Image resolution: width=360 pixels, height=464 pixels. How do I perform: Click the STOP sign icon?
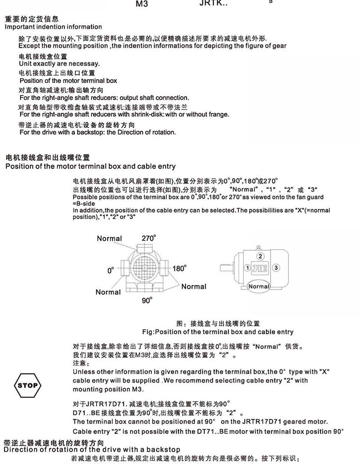(27, 385)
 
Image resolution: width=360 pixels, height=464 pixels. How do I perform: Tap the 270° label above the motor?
(149, 238)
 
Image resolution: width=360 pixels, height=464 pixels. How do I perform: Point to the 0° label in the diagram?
(110, 270)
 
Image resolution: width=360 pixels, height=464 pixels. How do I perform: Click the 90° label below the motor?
(146, 300)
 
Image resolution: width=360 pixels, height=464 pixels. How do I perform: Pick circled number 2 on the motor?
(260, 256)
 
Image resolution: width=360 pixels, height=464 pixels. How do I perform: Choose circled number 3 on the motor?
(276, 267)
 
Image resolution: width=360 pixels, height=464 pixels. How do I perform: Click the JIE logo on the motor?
(261, 268)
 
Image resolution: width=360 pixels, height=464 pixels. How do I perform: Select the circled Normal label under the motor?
(259, 286)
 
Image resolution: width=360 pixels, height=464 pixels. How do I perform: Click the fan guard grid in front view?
(145, 269)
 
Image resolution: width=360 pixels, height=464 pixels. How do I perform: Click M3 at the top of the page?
(143, 5)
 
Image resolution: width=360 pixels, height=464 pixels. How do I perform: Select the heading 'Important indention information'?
(53, 27)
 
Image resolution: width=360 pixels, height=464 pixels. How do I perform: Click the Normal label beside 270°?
(109, 239)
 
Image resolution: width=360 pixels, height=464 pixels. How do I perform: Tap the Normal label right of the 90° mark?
(194, 286)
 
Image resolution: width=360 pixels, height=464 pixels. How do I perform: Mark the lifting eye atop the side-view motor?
(260, 249)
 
